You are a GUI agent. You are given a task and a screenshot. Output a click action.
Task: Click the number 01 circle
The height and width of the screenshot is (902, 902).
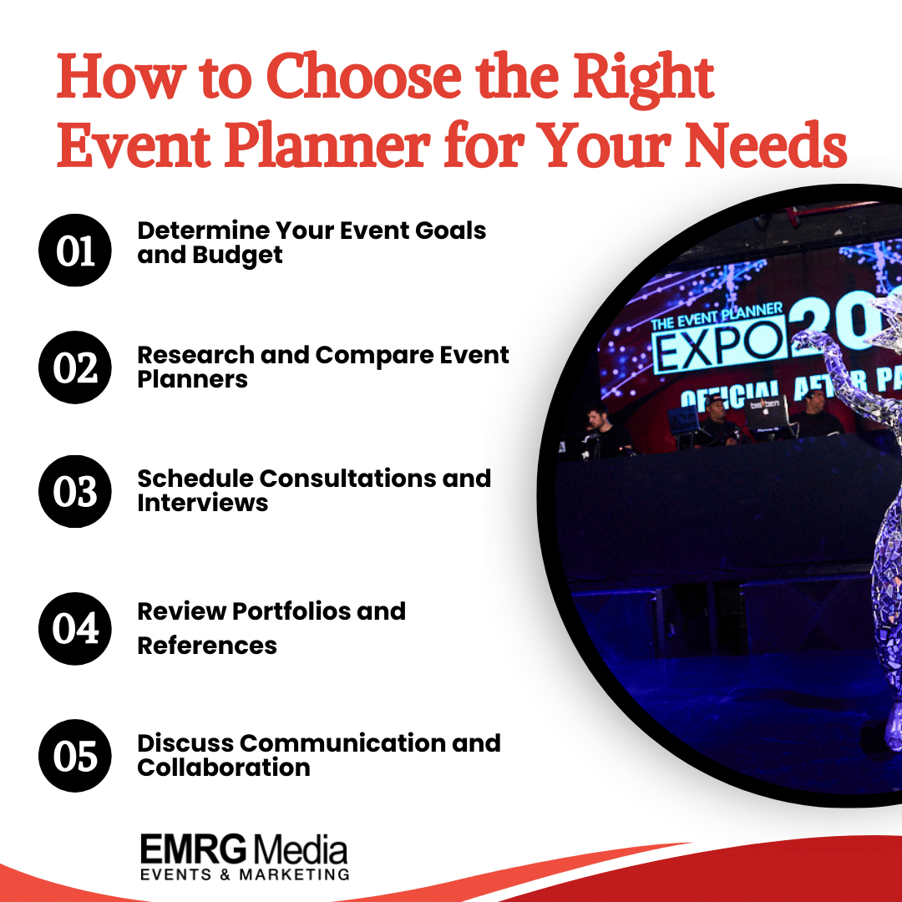point(76,251)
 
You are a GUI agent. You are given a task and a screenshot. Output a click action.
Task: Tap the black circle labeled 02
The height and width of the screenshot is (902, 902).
point(76,367)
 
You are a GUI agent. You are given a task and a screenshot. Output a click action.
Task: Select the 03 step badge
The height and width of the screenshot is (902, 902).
point(76,491)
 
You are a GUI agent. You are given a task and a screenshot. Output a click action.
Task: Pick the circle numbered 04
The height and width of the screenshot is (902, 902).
point(76,628)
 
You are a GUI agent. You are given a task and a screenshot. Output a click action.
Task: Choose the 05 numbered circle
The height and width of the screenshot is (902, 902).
point(76,755)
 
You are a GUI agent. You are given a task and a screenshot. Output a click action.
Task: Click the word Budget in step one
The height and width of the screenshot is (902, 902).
point(237,255)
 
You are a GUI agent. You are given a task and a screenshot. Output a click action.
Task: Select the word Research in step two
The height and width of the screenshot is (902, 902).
point(195,354)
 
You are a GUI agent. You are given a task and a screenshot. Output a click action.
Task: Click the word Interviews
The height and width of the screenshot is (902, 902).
point(203,503)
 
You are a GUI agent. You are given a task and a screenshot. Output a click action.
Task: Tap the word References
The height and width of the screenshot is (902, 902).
point(207,645)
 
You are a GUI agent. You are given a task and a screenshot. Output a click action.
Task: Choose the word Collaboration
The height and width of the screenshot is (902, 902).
point(224,767)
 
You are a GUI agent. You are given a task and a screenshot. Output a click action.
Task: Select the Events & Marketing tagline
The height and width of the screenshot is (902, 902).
point(244,874)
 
